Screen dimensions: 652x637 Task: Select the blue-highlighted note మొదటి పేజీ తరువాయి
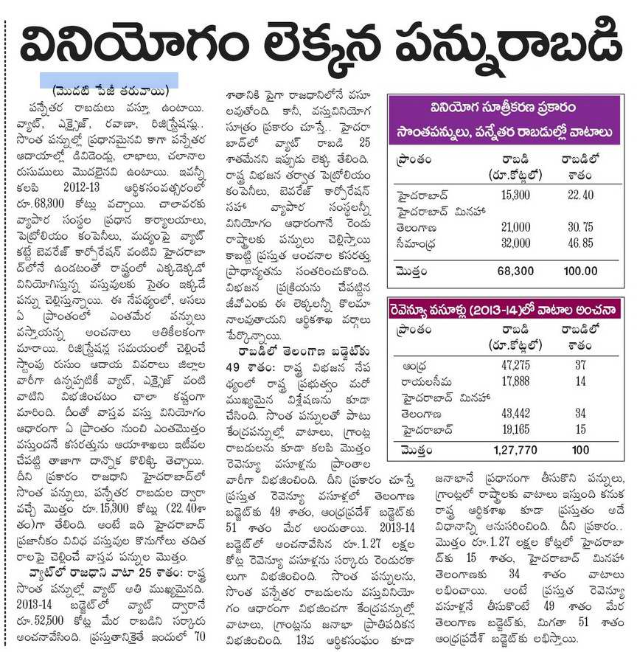click(108, 80)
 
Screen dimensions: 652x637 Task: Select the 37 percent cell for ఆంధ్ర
click(581, 366)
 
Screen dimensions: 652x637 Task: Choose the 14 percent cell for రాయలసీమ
click(581, 381)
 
